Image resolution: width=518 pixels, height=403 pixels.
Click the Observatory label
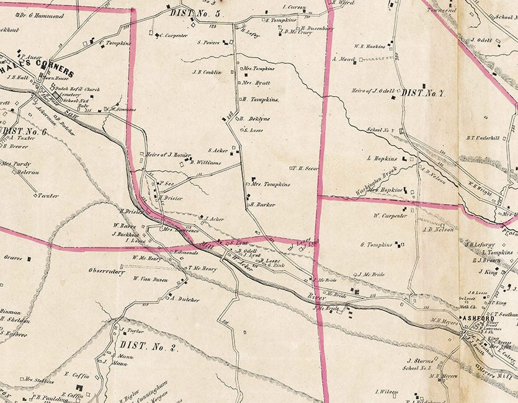coord(107,271)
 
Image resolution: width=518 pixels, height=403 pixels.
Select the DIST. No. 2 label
coord(149,346)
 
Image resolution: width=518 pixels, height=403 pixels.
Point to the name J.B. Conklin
coord(207,72)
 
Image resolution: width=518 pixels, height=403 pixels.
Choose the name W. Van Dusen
coord(150,279)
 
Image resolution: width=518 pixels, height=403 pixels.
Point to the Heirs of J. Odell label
coord(372,91)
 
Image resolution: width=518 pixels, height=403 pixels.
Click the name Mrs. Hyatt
coord(256,82)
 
